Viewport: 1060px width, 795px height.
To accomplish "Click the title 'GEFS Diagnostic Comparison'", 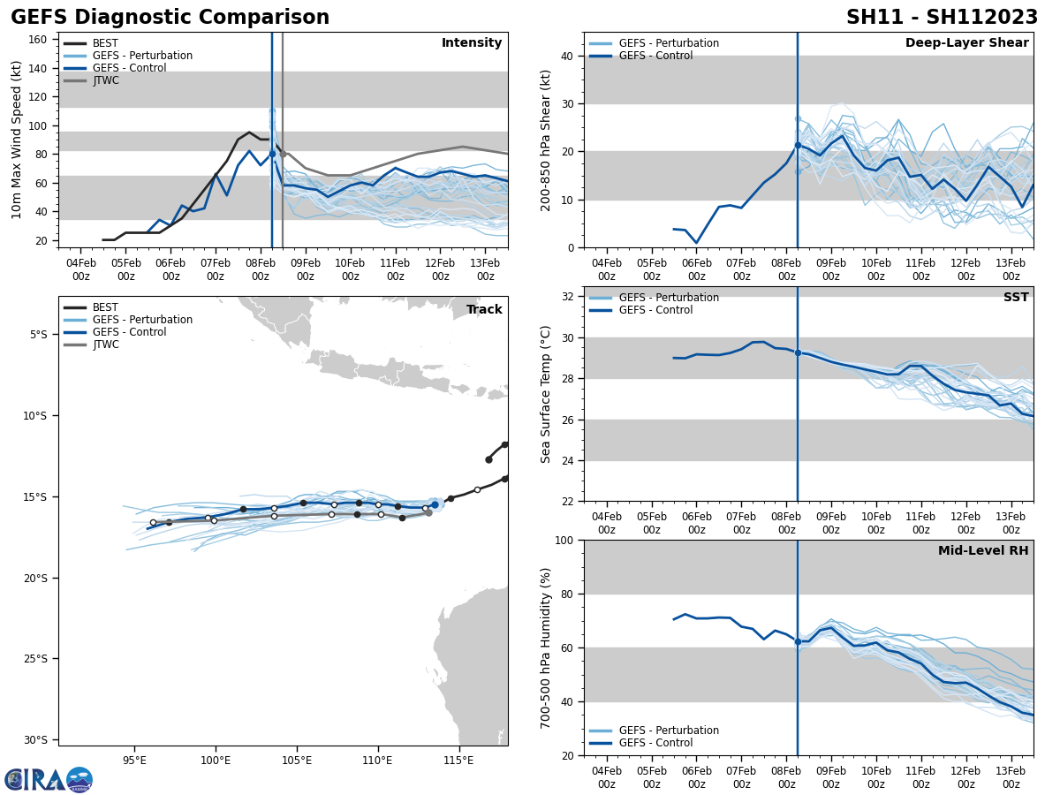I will (170, 18).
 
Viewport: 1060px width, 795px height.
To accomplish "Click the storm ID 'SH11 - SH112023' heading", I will (942, 18).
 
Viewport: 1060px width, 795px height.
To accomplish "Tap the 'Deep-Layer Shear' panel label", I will (966, 43).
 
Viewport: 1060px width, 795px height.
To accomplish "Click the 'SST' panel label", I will (1016, 298).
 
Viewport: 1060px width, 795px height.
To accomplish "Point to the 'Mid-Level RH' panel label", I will (983, 551).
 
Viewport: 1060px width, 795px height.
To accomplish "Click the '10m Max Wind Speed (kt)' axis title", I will (17, 140).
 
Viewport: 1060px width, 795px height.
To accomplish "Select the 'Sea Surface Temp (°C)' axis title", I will (546, 394).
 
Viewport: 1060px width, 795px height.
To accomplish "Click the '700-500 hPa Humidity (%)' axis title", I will (546, 647).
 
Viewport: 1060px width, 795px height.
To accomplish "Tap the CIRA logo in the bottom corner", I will (49, 780).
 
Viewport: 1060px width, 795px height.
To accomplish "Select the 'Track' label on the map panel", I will (484, 309).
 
